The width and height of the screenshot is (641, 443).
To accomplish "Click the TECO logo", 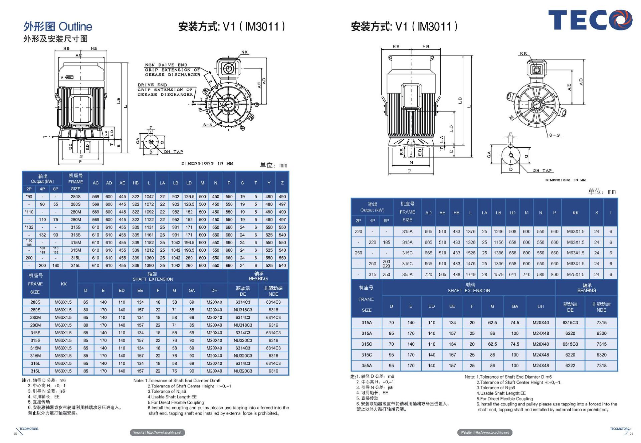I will click(590, 20).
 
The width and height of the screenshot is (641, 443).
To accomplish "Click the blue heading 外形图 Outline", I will click(58, 26).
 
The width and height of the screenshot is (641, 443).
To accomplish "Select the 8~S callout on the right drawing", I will click(555, 135).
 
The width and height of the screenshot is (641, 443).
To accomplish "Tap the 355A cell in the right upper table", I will click(407, 275).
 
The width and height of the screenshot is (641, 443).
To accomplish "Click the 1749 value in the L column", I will click(470, 275).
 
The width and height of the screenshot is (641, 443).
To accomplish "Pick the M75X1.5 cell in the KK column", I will click(576, 275).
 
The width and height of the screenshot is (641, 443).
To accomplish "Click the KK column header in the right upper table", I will click(576, 212).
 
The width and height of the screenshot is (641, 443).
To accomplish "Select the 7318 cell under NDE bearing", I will click(601, 365).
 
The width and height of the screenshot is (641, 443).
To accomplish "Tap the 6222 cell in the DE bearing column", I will click(570, 365).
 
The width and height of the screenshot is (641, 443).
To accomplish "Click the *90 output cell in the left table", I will click(29, 196).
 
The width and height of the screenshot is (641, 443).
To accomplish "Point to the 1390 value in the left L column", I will click(149, 266).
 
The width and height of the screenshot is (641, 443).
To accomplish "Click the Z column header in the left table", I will click(282, 183).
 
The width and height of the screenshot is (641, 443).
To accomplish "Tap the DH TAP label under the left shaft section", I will click(173, 152).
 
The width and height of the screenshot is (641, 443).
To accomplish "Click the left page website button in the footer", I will click(157, 432).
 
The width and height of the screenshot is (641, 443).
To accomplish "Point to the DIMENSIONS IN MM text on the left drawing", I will click(207, 163).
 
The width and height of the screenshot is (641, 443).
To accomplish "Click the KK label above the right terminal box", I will click(523, 53).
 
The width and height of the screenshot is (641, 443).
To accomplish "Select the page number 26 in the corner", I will click(631, 434).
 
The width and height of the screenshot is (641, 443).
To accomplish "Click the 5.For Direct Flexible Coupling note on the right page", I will click(504, 399).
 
